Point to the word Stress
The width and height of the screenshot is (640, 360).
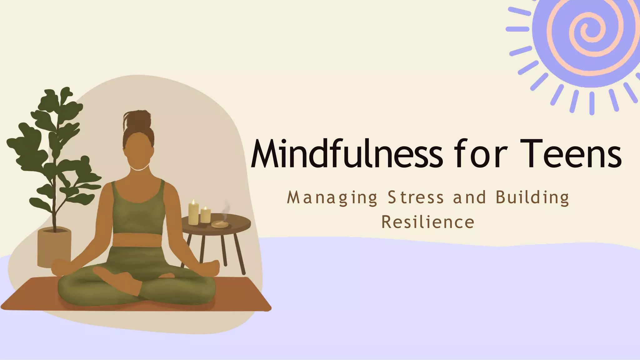pyautogui.click(x=416, y=197)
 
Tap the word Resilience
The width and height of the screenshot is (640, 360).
pyautogui.click(x=428, y=222)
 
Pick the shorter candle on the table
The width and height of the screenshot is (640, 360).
pyautogui.click(x=205, y=215)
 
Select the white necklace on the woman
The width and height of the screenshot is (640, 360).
pyautogui.click(x=138, y=169)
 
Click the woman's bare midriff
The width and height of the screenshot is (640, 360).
pyautogui.click(x=138, y=240)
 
